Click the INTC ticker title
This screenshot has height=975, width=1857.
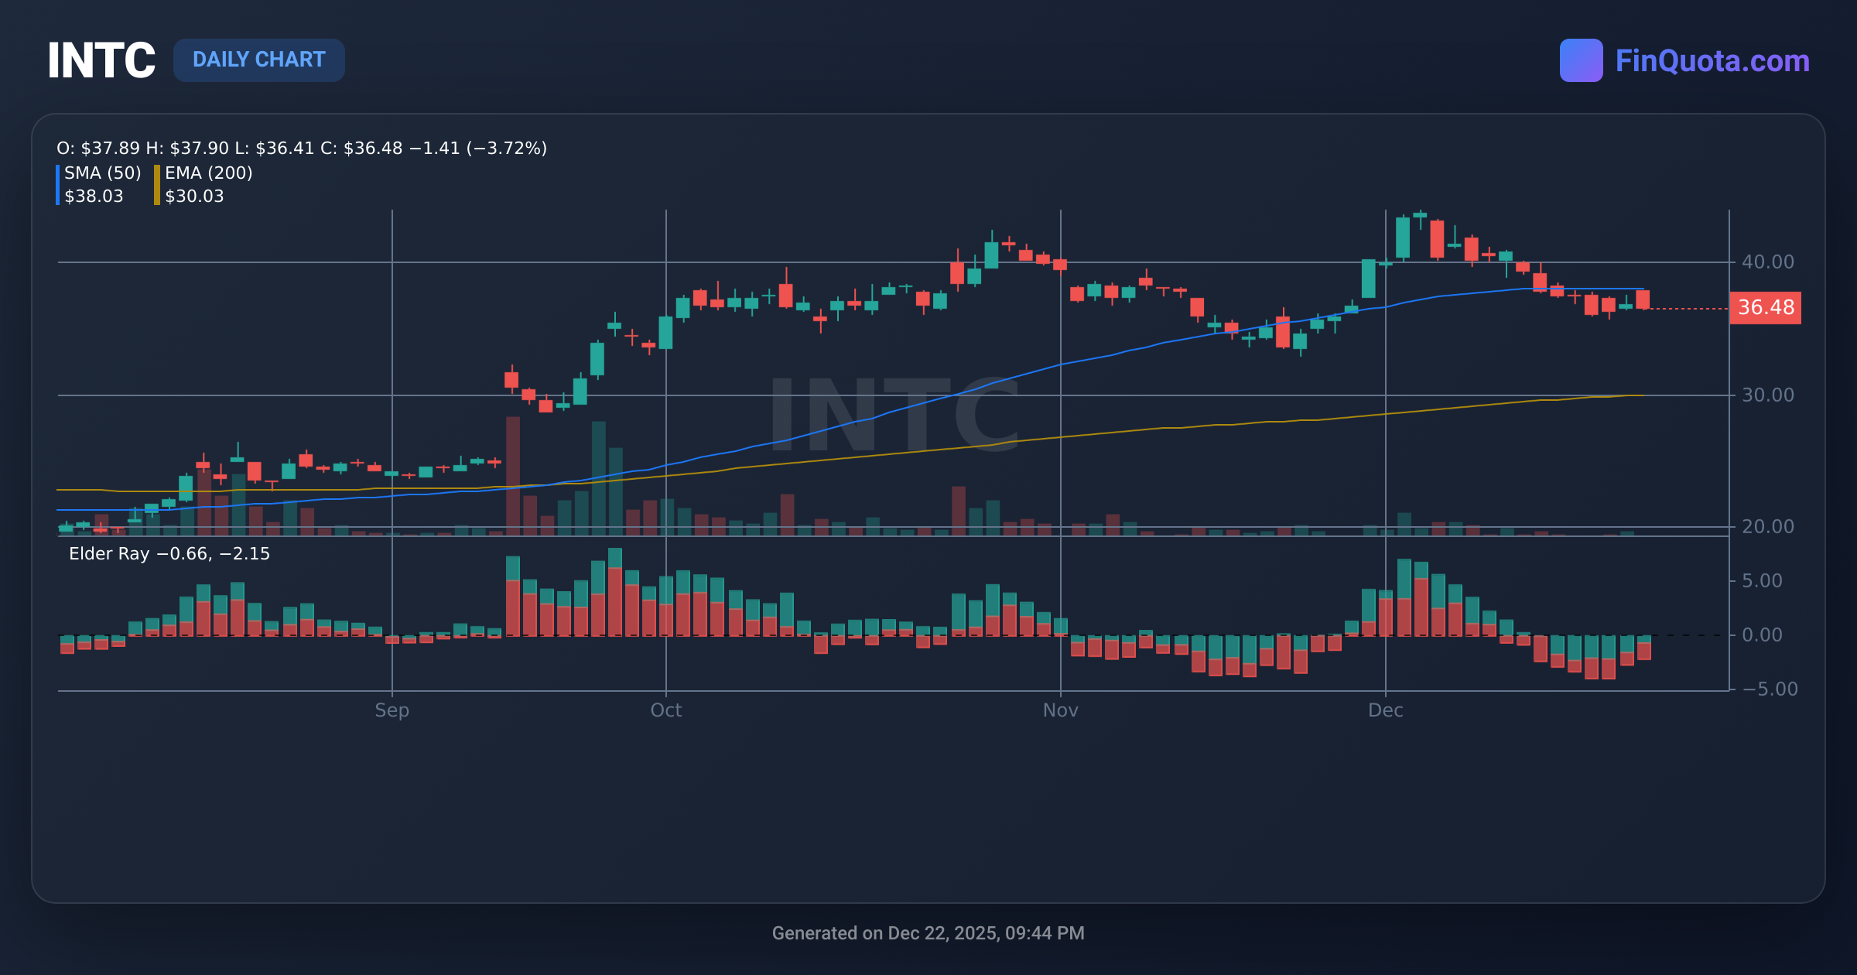click(101, 60)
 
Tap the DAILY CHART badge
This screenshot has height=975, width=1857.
click(258, 60)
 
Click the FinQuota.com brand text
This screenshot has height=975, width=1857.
click(1712, 60)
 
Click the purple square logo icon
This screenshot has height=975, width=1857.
click(1581, 60)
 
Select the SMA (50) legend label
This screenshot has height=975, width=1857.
click(102, 173)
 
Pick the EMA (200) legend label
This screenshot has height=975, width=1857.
click(208, 173)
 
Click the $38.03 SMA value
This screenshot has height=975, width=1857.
click(94, 196)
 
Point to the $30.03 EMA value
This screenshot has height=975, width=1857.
click(194, 196)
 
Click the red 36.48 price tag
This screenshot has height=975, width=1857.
click(1765, 308)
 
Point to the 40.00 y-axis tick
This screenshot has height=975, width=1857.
click(1767, 262)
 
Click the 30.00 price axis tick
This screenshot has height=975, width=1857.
click(1767, 395)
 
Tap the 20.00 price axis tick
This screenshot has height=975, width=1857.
click(1767, 527)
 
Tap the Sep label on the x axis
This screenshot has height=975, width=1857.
click(392, 710)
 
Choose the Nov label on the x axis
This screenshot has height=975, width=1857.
click(1060, 710)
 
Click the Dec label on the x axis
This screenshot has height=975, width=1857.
click(1385, 710)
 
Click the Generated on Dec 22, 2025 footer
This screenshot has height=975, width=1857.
click(928, 933)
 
